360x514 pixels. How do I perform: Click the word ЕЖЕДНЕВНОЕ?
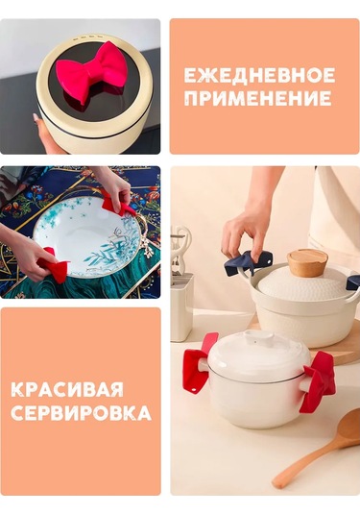(x=259, y=75)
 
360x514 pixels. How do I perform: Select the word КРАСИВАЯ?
(x=67, y=389)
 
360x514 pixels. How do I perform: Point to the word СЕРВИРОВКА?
(x=81, y=413)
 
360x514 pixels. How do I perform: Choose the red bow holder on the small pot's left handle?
(x=199, y=363)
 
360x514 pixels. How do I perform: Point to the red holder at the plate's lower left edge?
(x=54, y=263)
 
